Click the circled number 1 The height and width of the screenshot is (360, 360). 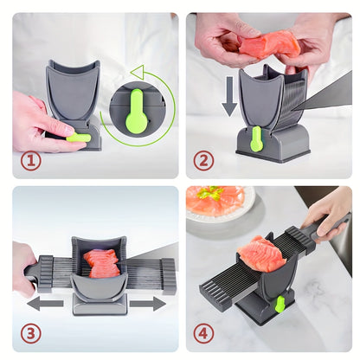click(x=30, y=160)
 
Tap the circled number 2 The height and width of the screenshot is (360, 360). click(x=204, y=160)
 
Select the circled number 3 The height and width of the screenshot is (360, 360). click(x=30, y=333)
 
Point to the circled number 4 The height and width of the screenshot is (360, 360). click(x=204, y=333)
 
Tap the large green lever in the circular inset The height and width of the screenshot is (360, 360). click(x=136, y=111)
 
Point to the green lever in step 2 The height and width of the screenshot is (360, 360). click(x=256, y=138)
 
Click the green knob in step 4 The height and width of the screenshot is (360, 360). click(x=279, y=303)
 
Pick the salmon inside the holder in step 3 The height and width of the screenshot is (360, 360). click(x=103, y=263)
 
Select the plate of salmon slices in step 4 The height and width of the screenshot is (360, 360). click(x=219, y=204)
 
